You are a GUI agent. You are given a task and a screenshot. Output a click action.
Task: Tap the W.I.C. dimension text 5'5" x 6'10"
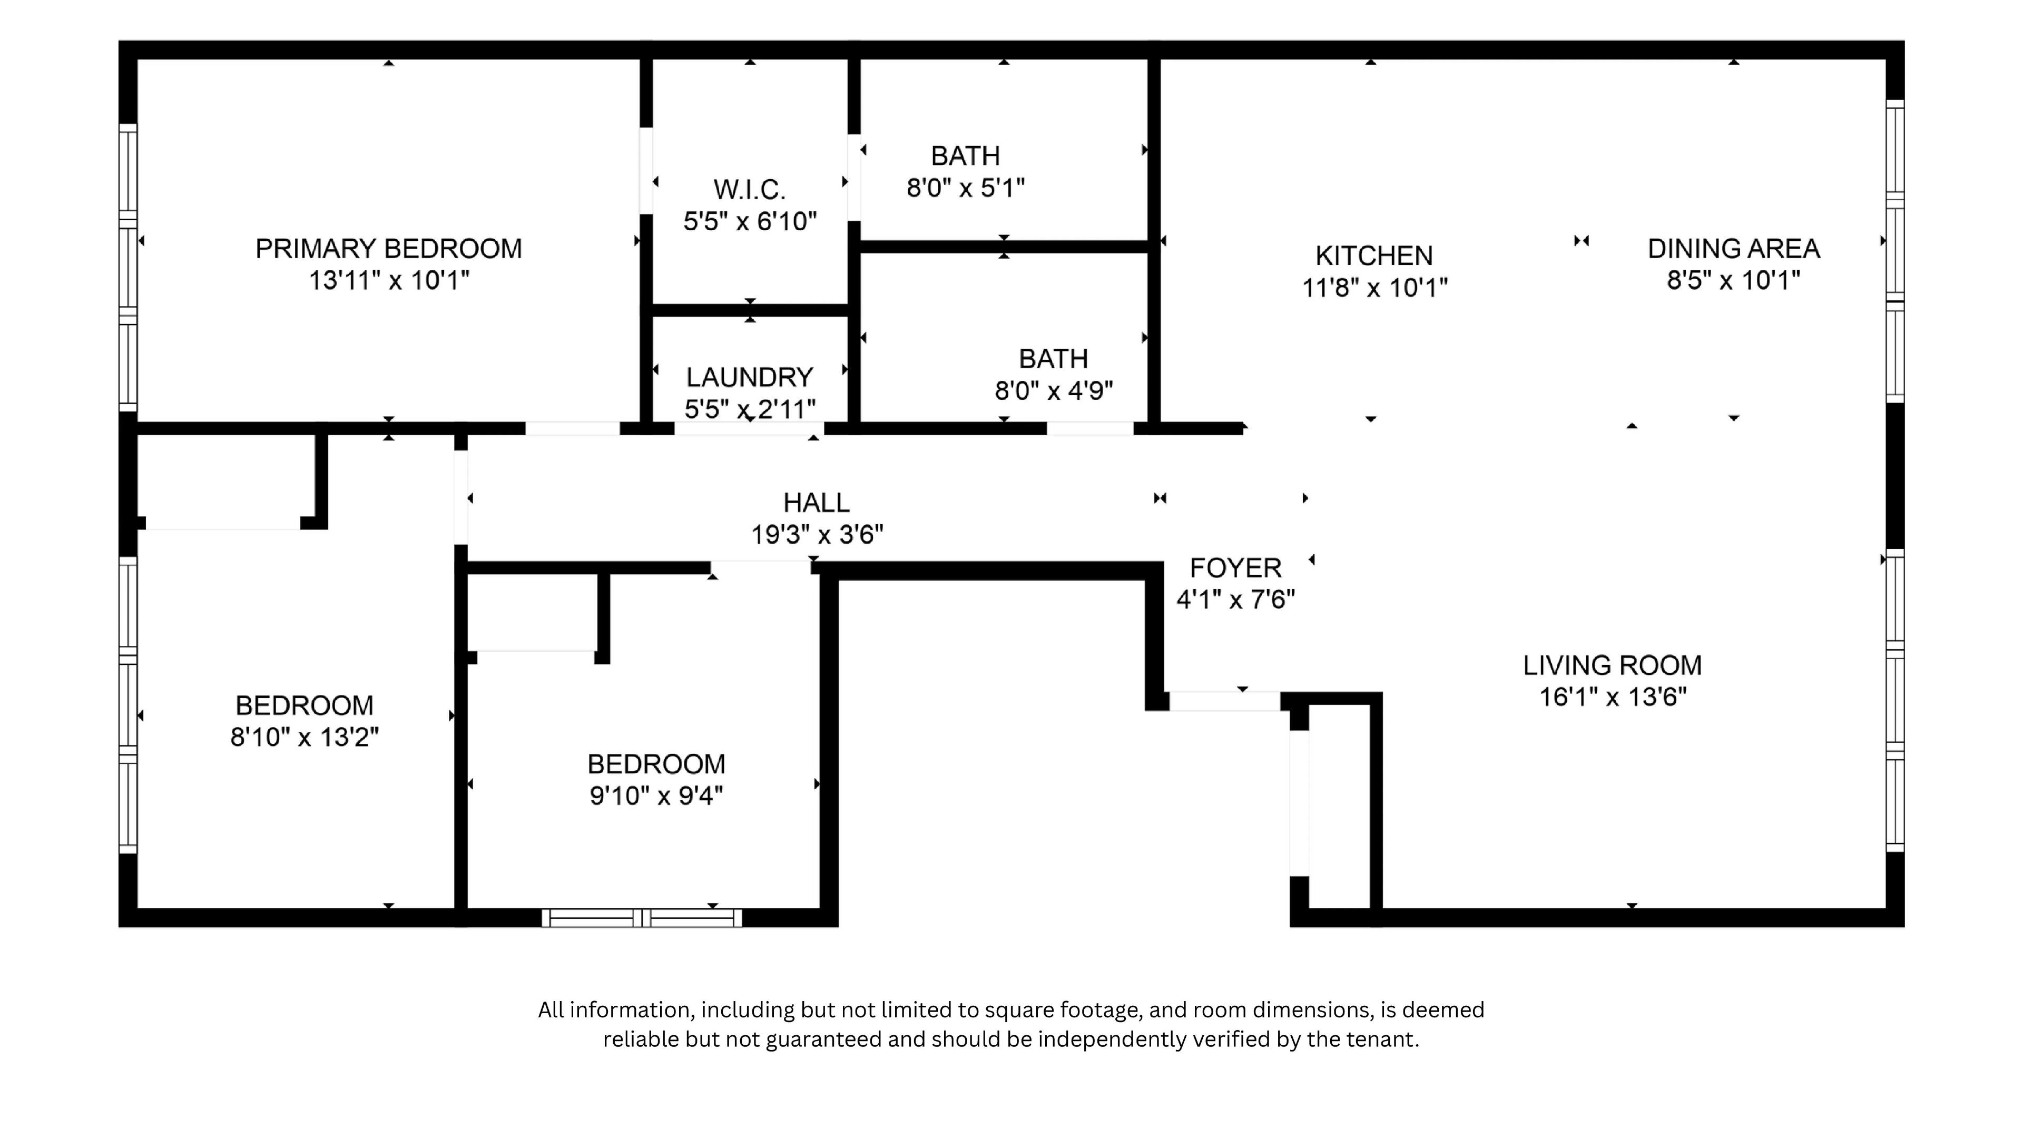(750, 221)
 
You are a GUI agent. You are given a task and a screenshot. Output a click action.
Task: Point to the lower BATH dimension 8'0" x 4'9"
(1053, 390)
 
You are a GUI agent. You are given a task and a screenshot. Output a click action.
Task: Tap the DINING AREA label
(1733, 249)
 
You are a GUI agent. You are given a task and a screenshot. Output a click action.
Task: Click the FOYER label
(1235, 568)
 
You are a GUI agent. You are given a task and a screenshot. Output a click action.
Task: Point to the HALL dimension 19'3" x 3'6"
(817, 535)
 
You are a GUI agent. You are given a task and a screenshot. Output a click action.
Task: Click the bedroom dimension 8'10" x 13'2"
(304, 738)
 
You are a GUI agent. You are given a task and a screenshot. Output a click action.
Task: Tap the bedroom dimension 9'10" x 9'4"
(656, 797)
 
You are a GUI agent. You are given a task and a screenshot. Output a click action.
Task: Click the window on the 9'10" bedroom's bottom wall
(642, 917)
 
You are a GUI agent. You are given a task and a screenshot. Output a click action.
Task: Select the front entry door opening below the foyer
(1224, 701)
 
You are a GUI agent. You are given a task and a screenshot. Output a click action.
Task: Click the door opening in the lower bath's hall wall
(1089, 428)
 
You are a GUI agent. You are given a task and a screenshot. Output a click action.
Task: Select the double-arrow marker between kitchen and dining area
(1581, 241)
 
